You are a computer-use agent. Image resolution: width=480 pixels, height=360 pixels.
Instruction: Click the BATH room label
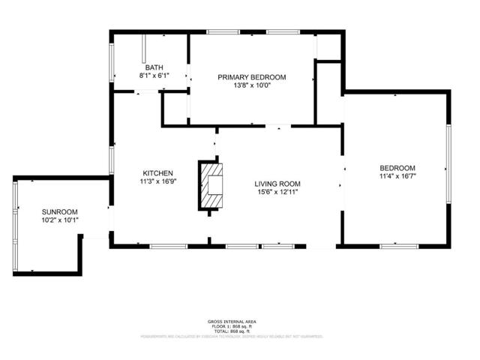point(154,67)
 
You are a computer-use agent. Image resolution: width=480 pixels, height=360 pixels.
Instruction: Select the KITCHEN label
point(158,172)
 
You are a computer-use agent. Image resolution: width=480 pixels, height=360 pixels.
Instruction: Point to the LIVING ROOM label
point(277,184)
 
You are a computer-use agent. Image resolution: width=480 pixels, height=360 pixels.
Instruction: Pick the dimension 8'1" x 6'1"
point(154,76)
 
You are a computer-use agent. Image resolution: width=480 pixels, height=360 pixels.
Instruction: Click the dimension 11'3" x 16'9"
point(158,180)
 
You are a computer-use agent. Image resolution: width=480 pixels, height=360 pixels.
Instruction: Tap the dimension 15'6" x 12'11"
point(277,192)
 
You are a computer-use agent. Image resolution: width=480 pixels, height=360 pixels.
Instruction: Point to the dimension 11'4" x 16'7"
point(397,176)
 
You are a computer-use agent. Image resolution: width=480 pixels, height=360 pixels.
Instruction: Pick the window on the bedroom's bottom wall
point(398,245)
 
